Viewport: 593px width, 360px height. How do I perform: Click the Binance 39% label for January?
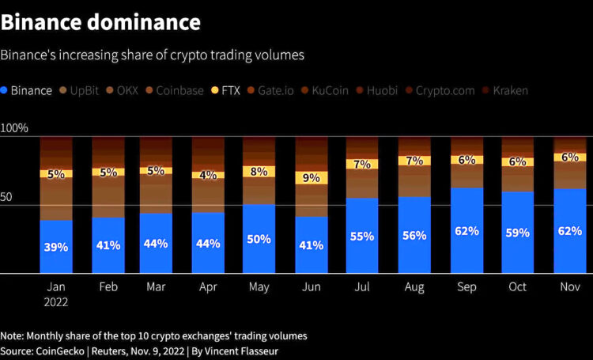click(56, 247)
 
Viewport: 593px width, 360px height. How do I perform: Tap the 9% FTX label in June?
click(312, 178)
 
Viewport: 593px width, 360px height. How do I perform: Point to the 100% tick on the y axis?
click(14, 128)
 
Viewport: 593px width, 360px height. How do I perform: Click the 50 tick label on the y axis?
click(7, 196)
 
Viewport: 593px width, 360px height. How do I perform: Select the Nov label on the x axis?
click(569, 286)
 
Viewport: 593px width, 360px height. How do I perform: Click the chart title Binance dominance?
click(100, 22)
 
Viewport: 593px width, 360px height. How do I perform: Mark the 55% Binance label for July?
click(363, 236)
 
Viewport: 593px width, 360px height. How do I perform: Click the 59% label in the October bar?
click(518, 233)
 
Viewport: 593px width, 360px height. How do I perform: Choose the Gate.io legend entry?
click(270, 90)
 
